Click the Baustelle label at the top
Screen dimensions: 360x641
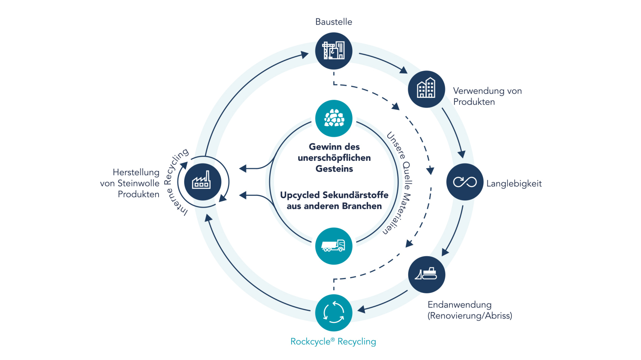(x=334, y=22)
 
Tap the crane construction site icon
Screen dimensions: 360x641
(x=334, y=51)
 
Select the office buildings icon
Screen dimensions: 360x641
(x=426, y=89)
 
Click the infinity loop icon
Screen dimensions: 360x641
(x=465, y=182)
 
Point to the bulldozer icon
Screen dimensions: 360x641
(x=426, y=274)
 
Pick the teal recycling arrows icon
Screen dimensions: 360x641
(x=334, y=313)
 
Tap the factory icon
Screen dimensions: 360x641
(x=202, y=182)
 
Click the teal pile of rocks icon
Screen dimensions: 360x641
(x=334, y=118)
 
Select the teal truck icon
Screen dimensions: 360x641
(x=334, y=246)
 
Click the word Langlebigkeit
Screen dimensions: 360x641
(x=514, y=184)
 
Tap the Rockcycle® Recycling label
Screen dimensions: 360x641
(x=333, y=341)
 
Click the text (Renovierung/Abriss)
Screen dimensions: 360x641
(x=470, y=316)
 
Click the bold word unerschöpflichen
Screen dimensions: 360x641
(x=334, y=158)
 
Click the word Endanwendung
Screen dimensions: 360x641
(x=459, y=305)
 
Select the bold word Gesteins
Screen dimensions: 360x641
(x=334, y=169)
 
